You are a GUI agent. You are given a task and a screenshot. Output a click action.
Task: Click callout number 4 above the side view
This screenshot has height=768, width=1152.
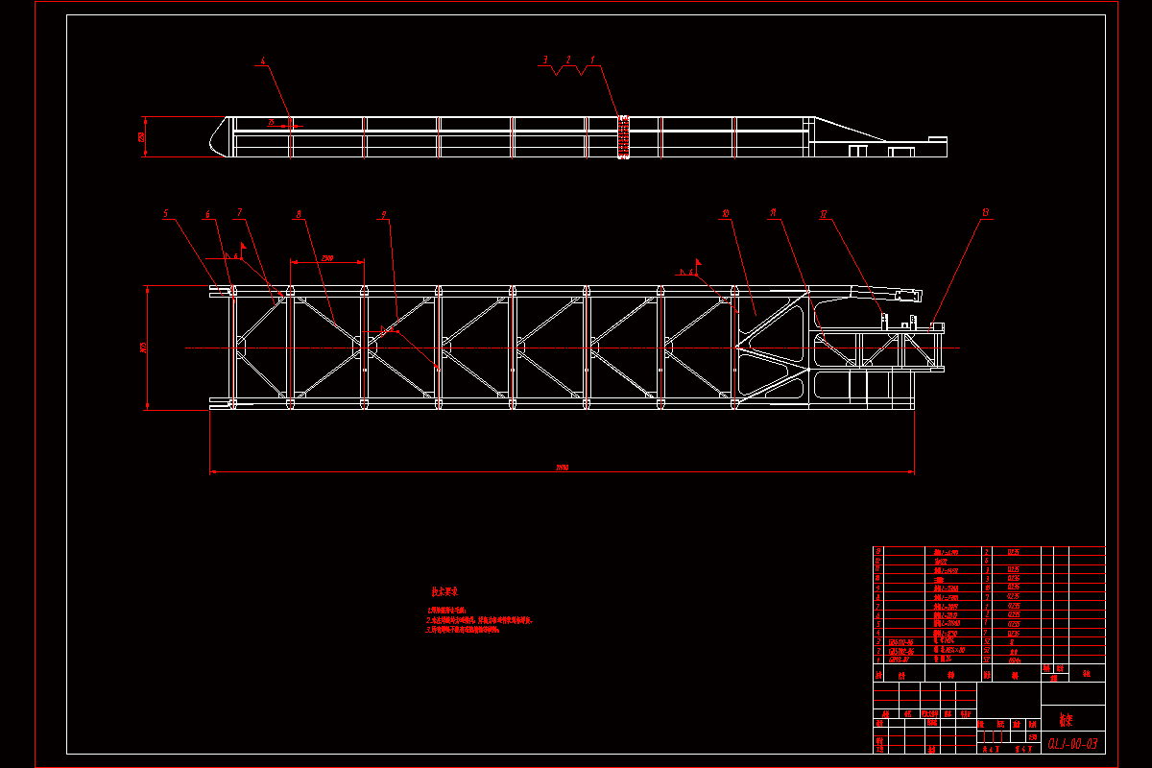(261, 61)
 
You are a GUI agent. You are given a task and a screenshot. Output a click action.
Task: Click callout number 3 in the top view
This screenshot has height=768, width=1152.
(545, 60)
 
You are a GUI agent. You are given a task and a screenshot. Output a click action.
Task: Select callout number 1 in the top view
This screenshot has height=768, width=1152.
(592, 60)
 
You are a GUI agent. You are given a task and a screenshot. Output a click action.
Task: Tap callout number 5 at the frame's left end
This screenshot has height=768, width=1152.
(165, 213)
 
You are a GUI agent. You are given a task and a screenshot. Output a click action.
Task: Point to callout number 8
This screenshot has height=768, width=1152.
(300, 213)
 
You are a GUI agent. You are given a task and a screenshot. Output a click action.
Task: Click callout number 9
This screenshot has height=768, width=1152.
(383, 213)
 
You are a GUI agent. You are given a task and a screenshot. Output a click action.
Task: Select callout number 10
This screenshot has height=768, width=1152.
(727, 213)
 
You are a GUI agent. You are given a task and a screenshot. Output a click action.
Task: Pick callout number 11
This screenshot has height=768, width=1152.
(774, 213)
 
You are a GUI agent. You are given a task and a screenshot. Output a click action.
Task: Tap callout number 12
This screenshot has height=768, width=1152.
(823, 213)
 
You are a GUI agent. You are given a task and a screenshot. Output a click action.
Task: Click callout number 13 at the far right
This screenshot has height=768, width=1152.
(984, 213)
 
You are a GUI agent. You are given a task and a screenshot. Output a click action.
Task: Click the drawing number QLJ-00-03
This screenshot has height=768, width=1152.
(1072, 743)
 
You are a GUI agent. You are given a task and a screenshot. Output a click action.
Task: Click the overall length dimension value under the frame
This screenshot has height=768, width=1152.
(562, 468)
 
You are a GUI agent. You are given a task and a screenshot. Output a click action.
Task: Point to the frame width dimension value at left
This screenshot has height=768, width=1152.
(142, 347)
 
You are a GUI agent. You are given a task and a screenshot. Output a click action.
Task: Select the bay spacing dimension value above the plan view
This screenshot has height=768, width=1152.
(327, 257)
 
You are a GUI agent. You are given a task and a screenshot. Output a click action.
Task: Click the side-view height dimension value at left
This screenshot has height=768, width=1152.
(141, 136)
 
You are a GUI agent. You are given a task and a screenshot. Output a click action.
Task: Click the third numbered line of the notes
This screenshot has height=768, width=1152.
(474, 631)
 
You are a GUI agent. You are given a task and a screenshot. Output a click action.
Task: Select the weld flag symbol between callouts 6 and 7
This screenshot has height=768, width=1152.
(243, 247)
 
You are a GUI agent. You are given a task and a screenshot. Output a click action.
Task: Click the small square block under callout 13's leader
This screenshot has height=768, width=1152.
(936, 326)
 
